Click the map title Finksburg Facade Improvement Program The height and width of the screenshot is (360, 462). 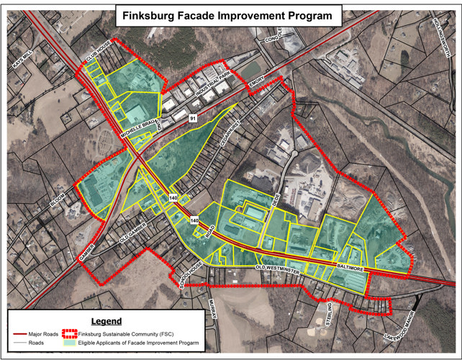point(227,14)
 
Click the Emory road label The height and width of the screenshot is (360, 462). point(258,84)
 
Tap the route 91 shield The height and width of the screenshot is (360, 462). point(192,117)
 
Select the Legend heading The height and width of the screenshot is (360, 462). point(107,320)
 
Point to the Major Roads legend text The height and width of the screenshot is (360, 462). point(46,333)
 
